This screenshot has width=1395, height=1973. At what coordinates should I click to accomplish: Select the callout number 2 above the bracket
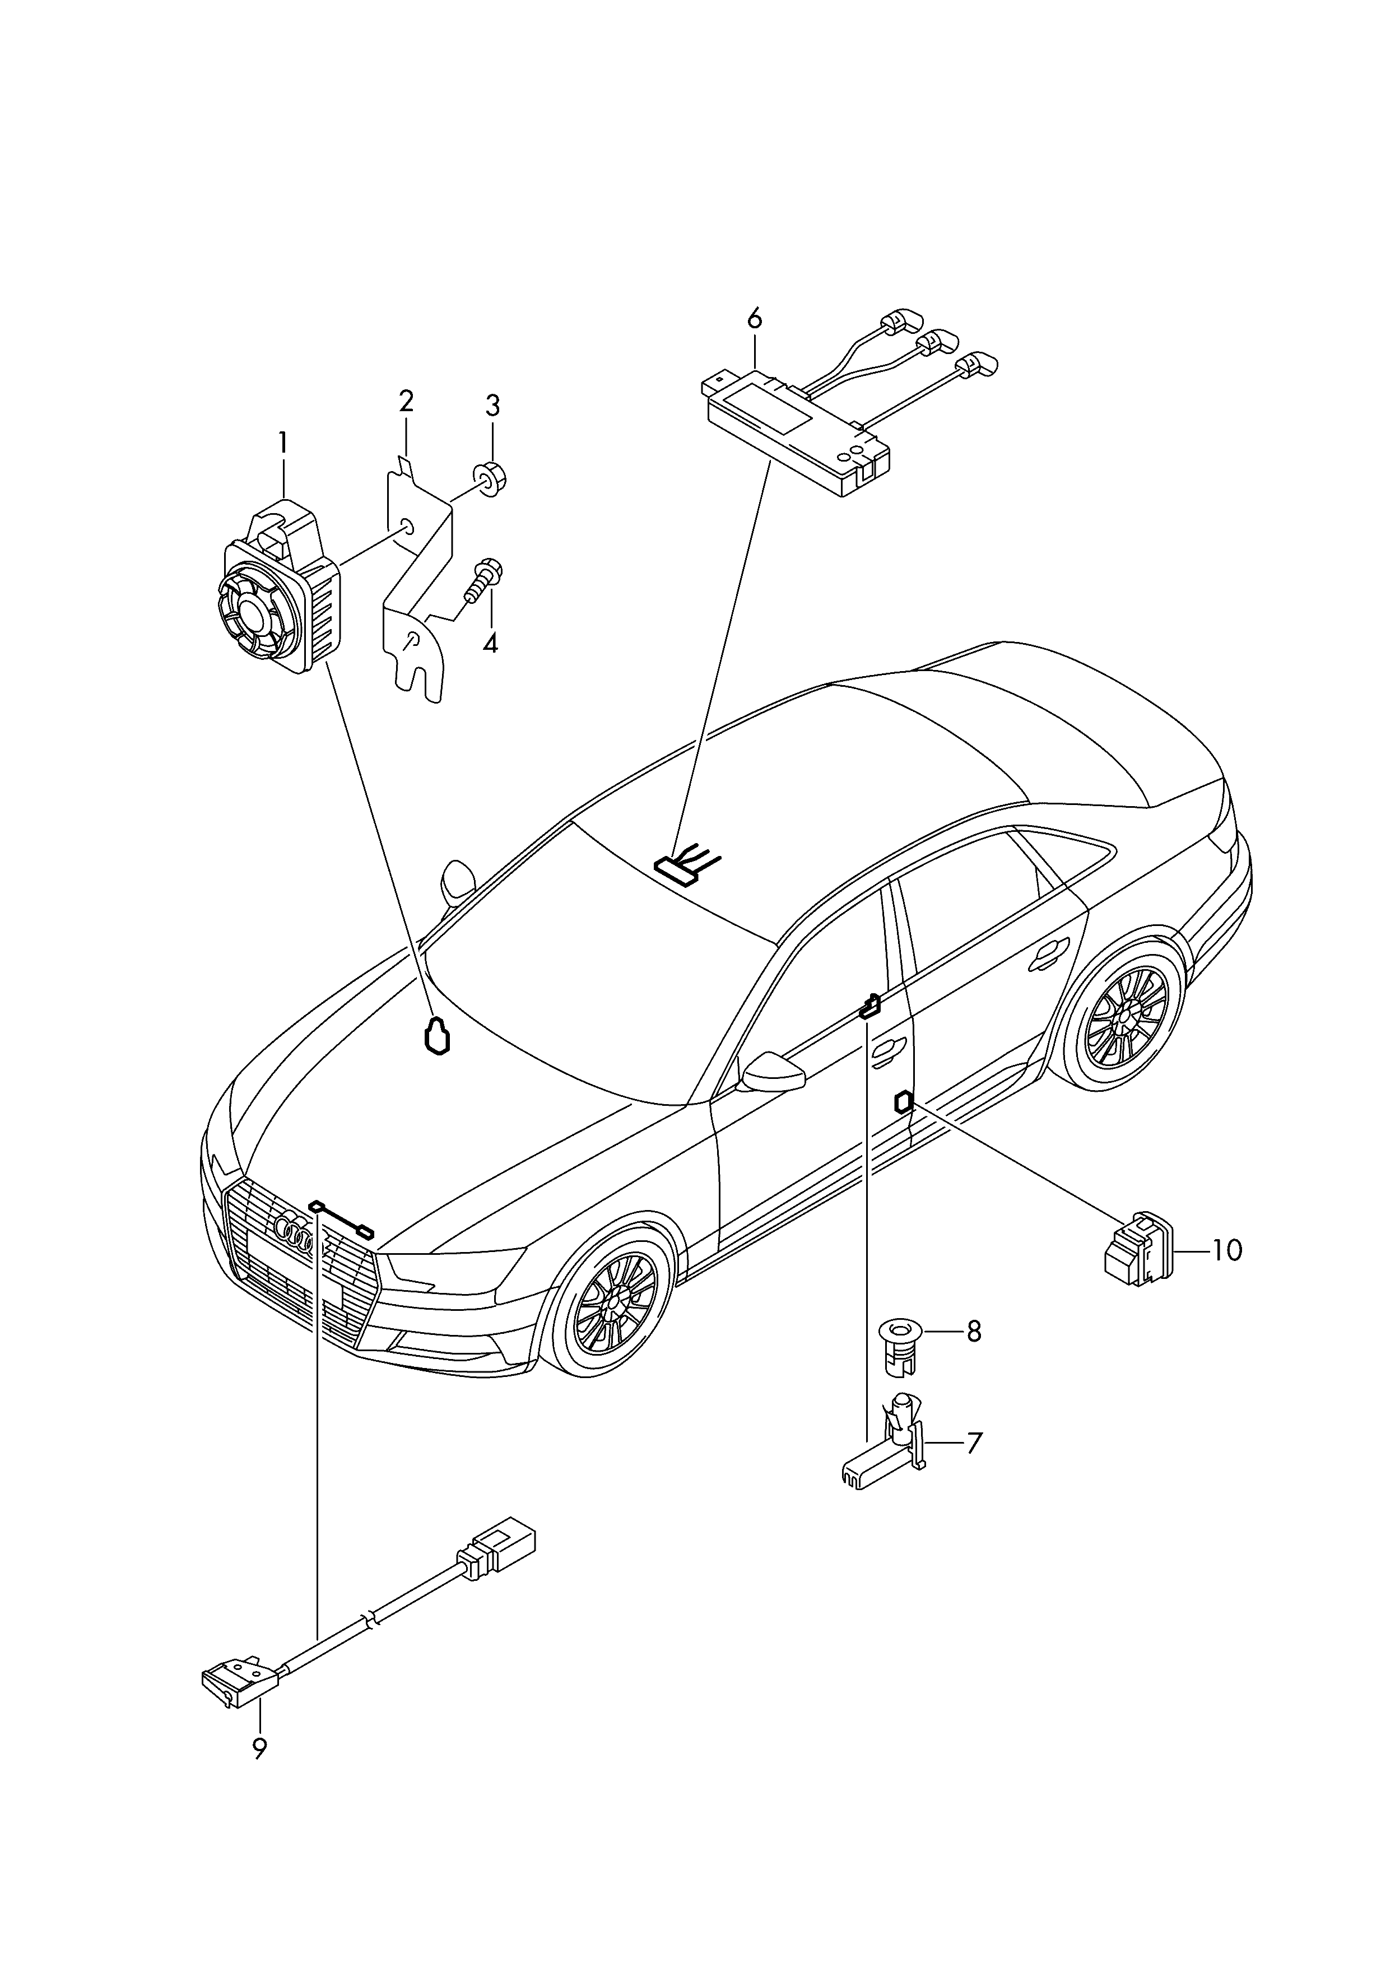click(x=406, y=401)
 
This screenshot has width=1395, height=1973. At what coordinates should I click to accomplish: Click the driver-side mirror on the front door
click(x=773, y=1073)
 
